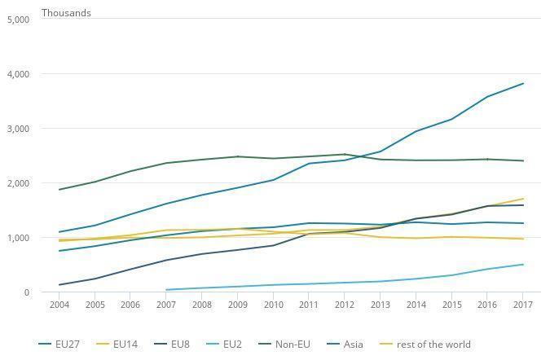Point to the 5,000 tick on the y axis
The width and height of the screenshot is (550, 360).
[x=18, y=20]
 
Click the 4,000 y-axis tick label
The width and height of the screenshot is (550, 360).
[x=18, y=74]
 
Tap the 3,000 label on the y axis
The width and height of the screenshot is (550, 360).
[x=18, y=129]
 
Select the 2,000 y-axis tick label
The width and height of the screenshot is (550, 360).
[x=18, y=183]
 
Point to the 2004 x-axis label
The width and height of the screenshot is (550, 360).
[x=59, y=305]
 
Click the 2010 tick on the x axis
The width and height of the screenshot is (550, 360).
[x=273, y=305]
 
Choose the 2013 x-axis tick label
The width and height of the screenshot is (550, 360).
[x=380, y=305]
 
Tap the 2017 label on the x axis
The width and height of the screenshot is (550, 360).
[x=522, y=305]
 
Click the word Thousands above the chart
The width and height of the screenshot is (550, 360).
[x=66, y=13]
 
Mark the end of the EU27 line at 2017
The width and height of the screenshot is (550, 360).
[x=523, y=84]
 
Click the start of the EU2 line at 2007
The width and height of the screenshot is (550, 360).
[x=166, y=290]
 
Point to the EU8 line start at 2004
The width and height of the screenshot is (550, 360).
[x=59, y=285]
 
